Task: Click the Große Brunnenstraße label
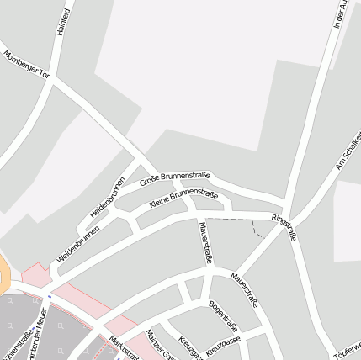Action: click(174, 174)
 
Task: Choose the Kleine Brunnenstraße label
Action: click(183, 198)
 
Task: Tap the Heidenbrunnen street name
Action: click(108, 197)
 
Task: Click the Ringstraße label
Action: click(284, 227)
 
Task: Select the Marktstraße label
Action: click(124, 346)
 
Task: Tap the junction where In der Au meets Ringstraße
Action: click(288, 210)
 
